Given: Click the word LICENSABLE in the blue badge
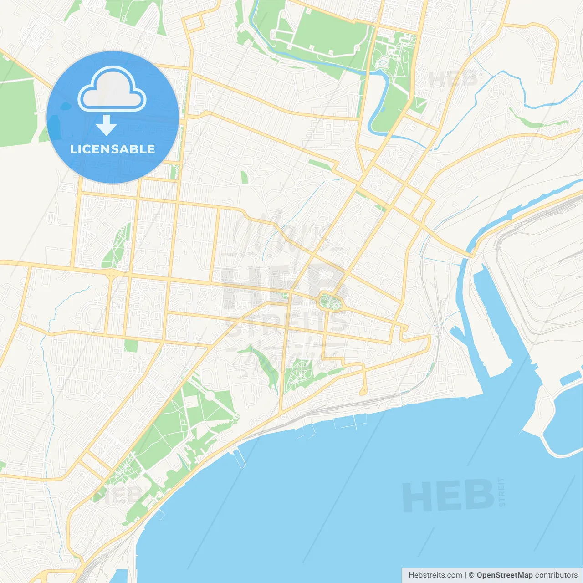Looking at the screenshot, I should pyautogui.click(x=113, y=149).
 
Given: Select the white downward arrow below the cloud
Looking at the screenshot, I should pyautogui.click(x=106, y=126).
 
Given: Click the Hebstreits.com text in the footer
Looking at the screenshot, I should pyautogui.click(x=435, y=575).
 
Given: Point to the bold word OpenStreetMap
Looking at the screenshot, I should pyautogui.click(x=504, y=575).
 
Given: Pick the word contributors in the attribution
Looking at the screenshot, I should pyautogui.click(x=556, y=575).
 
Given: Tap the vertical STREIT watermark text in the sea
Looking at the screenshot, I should pyautogui.click(x=502, y=492).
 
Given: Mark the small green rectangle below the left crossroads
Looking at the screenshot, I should pyautogui.click(x=131, y=345).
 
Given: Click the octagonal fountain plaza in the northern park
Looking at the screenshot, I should pyautogui.click(x=382, y=62).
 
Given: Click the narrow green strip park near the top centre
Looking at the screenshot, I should pyautogui.click(x=319, y=164).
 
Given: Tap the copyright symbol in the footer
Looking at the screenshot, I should pyautogui.click(x=471, y=575).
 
